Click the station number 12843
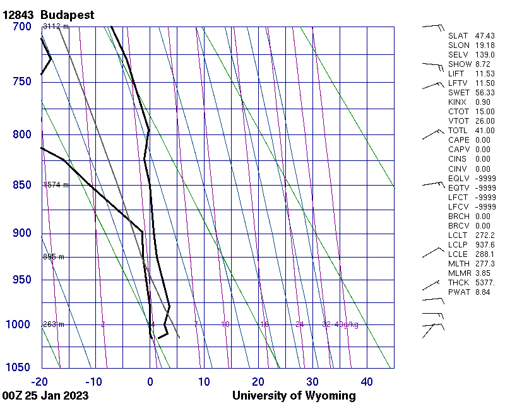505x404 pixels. pyautogui.click(x=20, y=15)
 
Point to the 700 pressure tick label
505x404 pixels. pyautogui.click(x=21, y=27)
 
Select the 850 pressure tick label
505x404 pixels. pyautogui.click(x=21, y=185)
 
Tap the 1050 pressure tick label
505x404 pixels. pyautogui.click(x=19, y=367)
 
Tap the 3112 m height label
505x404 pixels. pyautogui.click(x=56, y=27)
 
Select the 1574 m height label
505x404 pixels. pyautogui.click(x=56, y=185)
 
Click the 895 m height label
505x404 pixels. pyautogui.click(x=54, y=257)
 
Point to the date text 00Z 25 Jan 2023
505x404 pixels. pyautogui.click(x=45, y=396)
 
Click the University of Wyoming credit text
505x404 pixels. pyautogui.click(x=294, y=396)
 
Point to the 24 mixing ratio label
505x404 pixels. pyautogui.click(x=299, y=324)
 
